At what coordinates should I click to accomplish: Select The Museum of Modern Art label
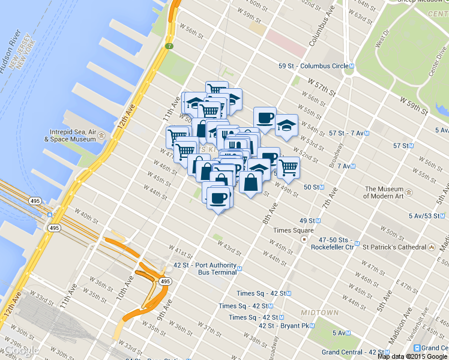[382, 193]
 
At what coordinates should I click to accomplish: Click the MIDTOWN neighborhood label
[320, 313]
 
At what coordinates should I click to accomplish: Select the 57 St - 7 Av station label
[339, 133]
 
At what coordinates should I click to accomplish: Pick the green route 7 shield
[170, 46]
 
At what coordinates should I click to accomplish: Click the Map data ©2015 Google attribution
[413, 356]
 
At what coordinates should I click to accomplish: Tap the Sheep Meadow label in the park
[410, 2]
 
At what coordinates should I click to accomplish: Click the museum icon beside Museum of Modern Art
[409, 193]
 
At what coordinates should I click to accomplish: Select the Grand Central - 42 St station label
[351, 352]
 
